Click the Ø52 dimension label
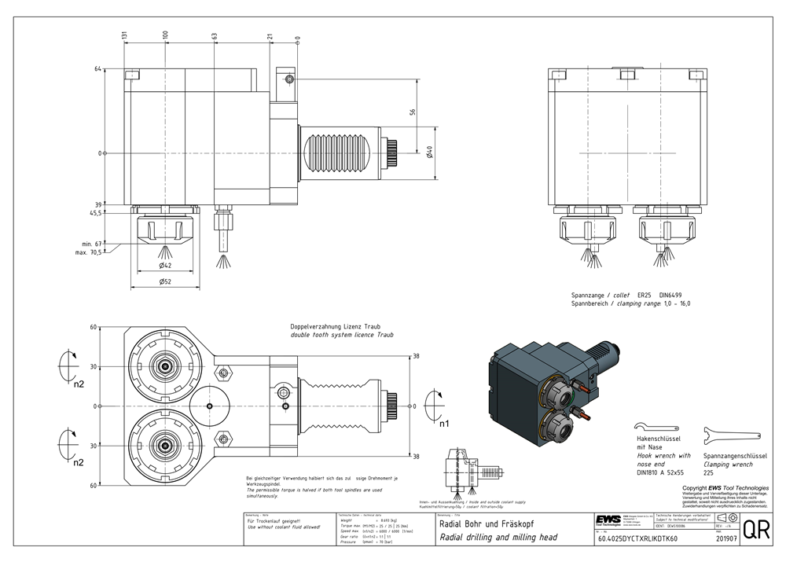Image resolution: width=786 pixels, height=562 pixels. pos(166,281)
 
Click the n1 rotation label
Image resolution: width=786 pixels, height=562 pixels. pos(444,424)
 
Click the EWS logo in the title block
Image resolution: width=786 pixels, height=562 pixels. pos(607,520)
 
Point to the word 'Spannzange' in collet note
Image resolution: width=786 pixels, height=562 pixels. pos(588,294)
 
